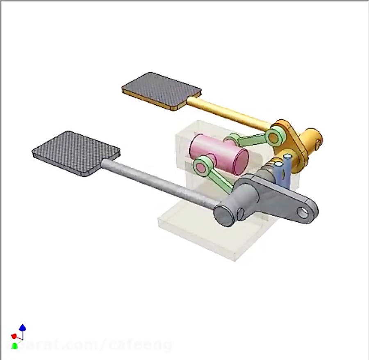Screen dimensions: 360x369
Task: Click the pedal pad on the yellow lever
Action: pos(161,91)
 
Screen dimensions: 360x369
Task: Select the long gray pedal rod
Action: pos(160,185)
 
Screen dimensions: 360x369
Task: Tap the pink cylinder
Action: pos(217,153)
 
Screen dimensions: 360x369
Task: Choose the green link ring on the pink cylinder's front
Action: pos(202,166)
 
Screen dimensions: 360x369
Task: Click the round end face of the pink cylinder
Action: pos(240,160)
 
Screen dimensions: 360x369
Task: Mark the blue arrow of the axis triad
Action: pos(23,328)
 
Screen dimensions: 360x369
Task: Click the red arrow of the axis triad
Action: pos(14,336)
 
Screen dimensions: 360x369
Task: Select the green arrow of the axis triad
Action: pos(15,345)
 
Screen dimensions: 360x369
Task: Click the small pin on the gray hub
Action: pos(241,212)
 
